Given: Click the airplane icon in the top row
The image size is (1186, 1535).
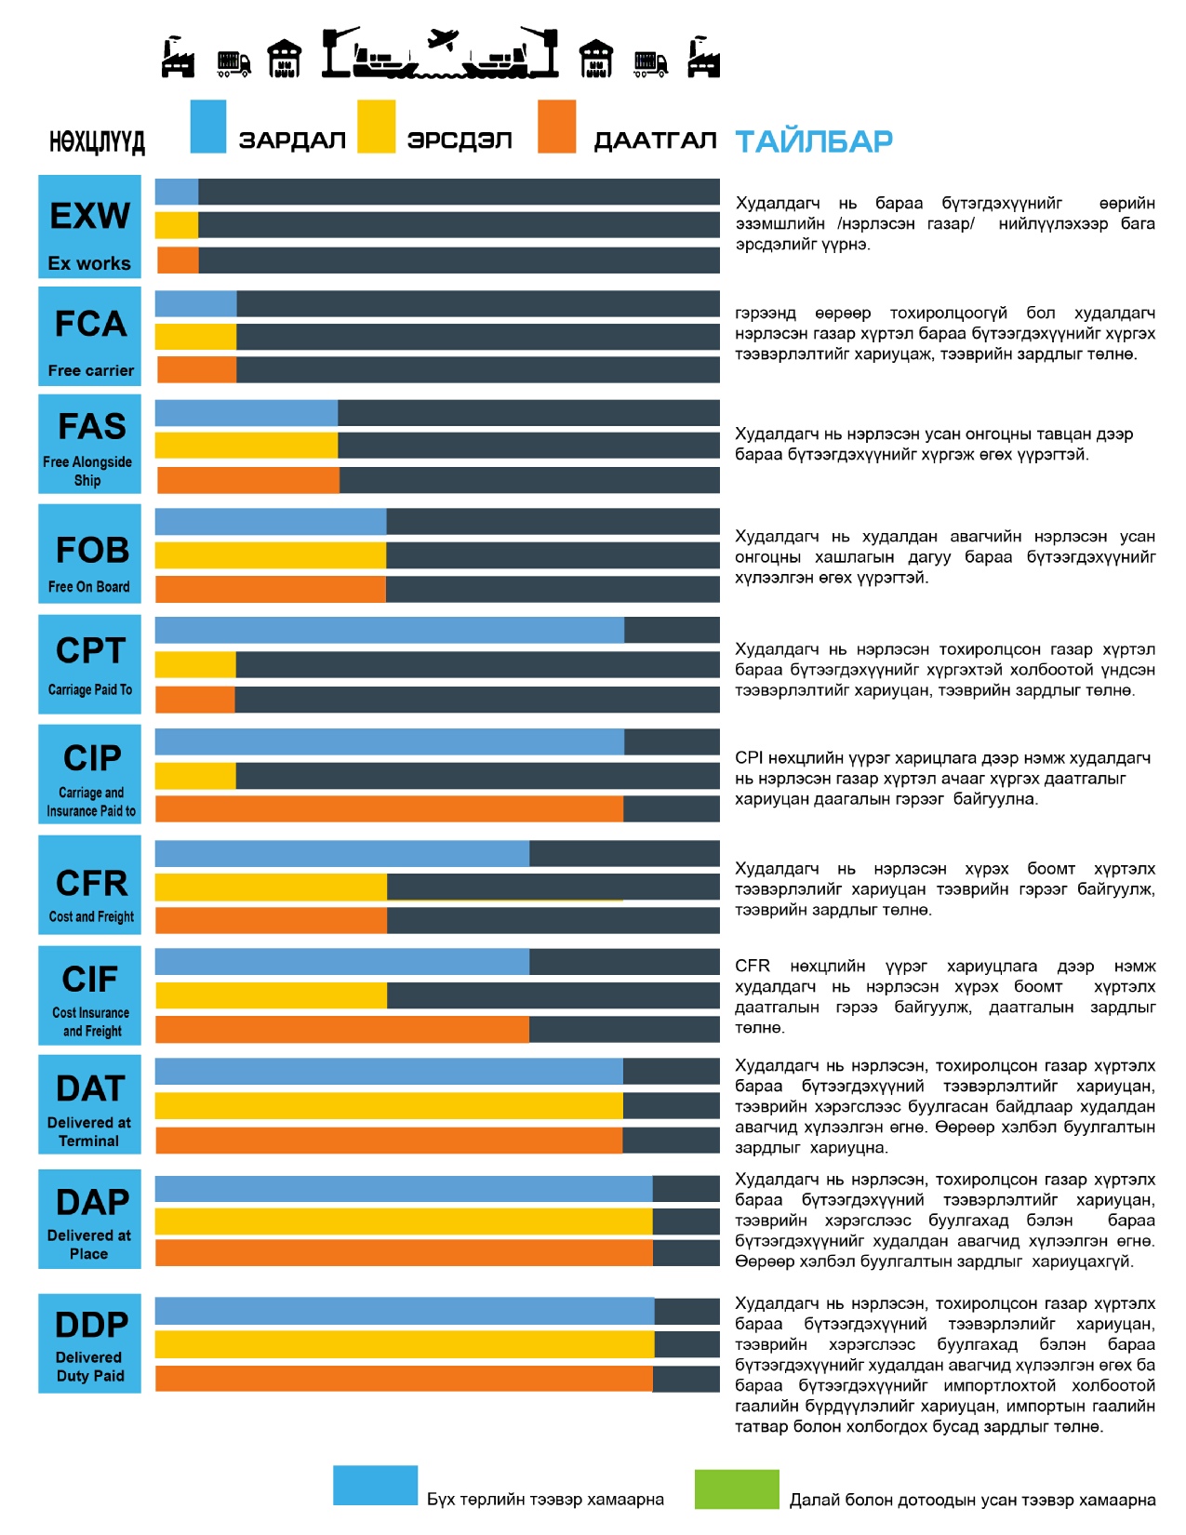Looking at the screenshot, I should [444, 40].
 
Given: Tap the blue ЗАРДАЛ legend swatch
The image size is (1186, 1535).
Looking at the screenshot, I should [207, 127].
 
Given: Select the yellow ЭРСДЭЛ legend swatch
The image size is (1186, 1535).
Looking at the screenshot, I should [376, 127].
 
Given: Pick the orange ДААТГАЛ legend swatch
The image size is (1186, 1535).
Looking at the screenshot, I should [556, 127].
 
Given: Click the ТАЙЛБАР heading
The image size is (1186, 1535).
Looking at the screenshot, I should [814, 141].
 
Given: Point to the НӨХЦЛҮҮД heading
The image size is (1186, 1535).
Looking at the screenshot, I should [97, 142].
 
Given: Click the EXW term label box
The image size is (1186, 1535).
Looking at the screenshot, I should [89, 227].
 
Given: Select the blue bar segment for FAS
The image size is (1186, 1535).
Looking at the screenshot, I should [246, 413].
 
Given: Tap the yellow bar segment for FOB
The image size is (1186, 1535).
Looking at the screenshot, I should [270, 555].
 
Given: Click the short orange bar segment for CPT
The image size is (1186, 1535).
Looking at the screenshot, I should [195, 700].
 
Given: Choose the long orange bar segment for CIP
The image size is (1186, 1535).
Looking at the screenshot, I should [389, 809].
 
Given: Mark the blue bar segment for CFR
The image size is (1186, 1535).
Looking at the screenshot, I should [341, 853].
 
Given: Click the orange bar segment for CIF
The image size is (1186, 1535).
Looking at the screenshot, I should [341, 1029].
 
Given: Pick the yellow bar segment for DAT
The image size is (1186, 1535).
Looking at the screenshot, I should [389, 1106].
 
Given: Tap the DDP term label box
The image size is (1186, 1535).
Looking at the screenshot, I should [89, 1343].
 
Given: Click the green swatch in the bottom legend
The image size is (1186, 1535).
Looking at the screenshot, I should [736, 1488].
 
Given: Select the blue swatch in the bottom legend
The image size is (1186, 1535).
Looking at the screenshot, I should [375, 1486].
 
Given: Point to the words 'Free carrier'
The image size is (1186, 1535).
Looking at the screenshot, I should [91, 370].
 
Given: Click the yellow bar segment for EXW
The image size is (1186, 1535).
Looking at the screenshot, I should [177, 225].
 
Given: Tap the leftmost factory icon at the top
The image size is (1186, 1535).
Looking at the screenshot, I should [177, 58].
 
